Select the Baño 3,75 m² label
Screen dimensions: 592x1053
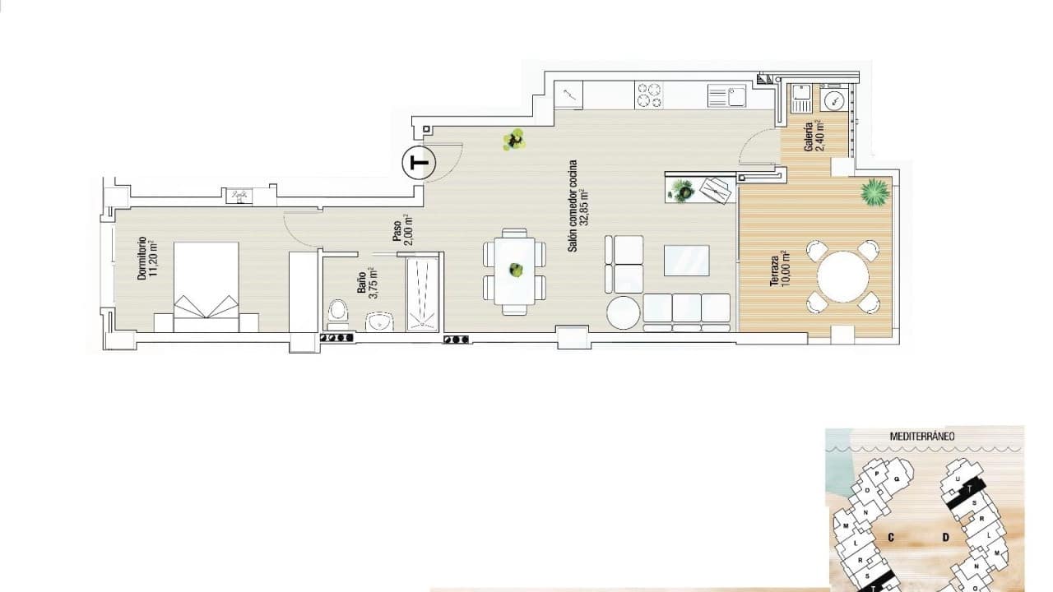click(x=366, y=281)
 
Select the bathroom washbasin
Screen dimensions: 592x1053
click(x=379, y=321)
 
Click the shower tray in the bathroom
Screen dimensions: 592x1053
click(x=423, y=294)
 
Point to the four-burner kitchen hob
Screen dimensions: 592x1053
click(x=649, y=95)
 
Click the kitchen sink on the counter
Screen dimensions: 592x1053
click(x=726, y=96)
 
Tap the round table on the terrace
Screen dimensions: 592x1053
click(x=843, y=277)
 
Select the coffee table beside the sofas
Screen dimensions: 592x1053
click(x=687, y=260)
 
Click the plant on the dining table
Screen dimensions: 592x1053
click(x=516, y=270)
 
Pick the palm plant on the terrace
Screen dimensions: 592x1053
click(x=874, y=192)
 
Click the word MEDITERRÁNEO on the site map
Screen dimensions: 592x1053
click(x=921, y=437)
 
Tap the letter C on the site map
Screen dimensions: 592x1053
click(x=891, y=538)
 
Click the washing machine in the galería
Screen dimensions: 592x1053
click(x=834, y=100)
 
